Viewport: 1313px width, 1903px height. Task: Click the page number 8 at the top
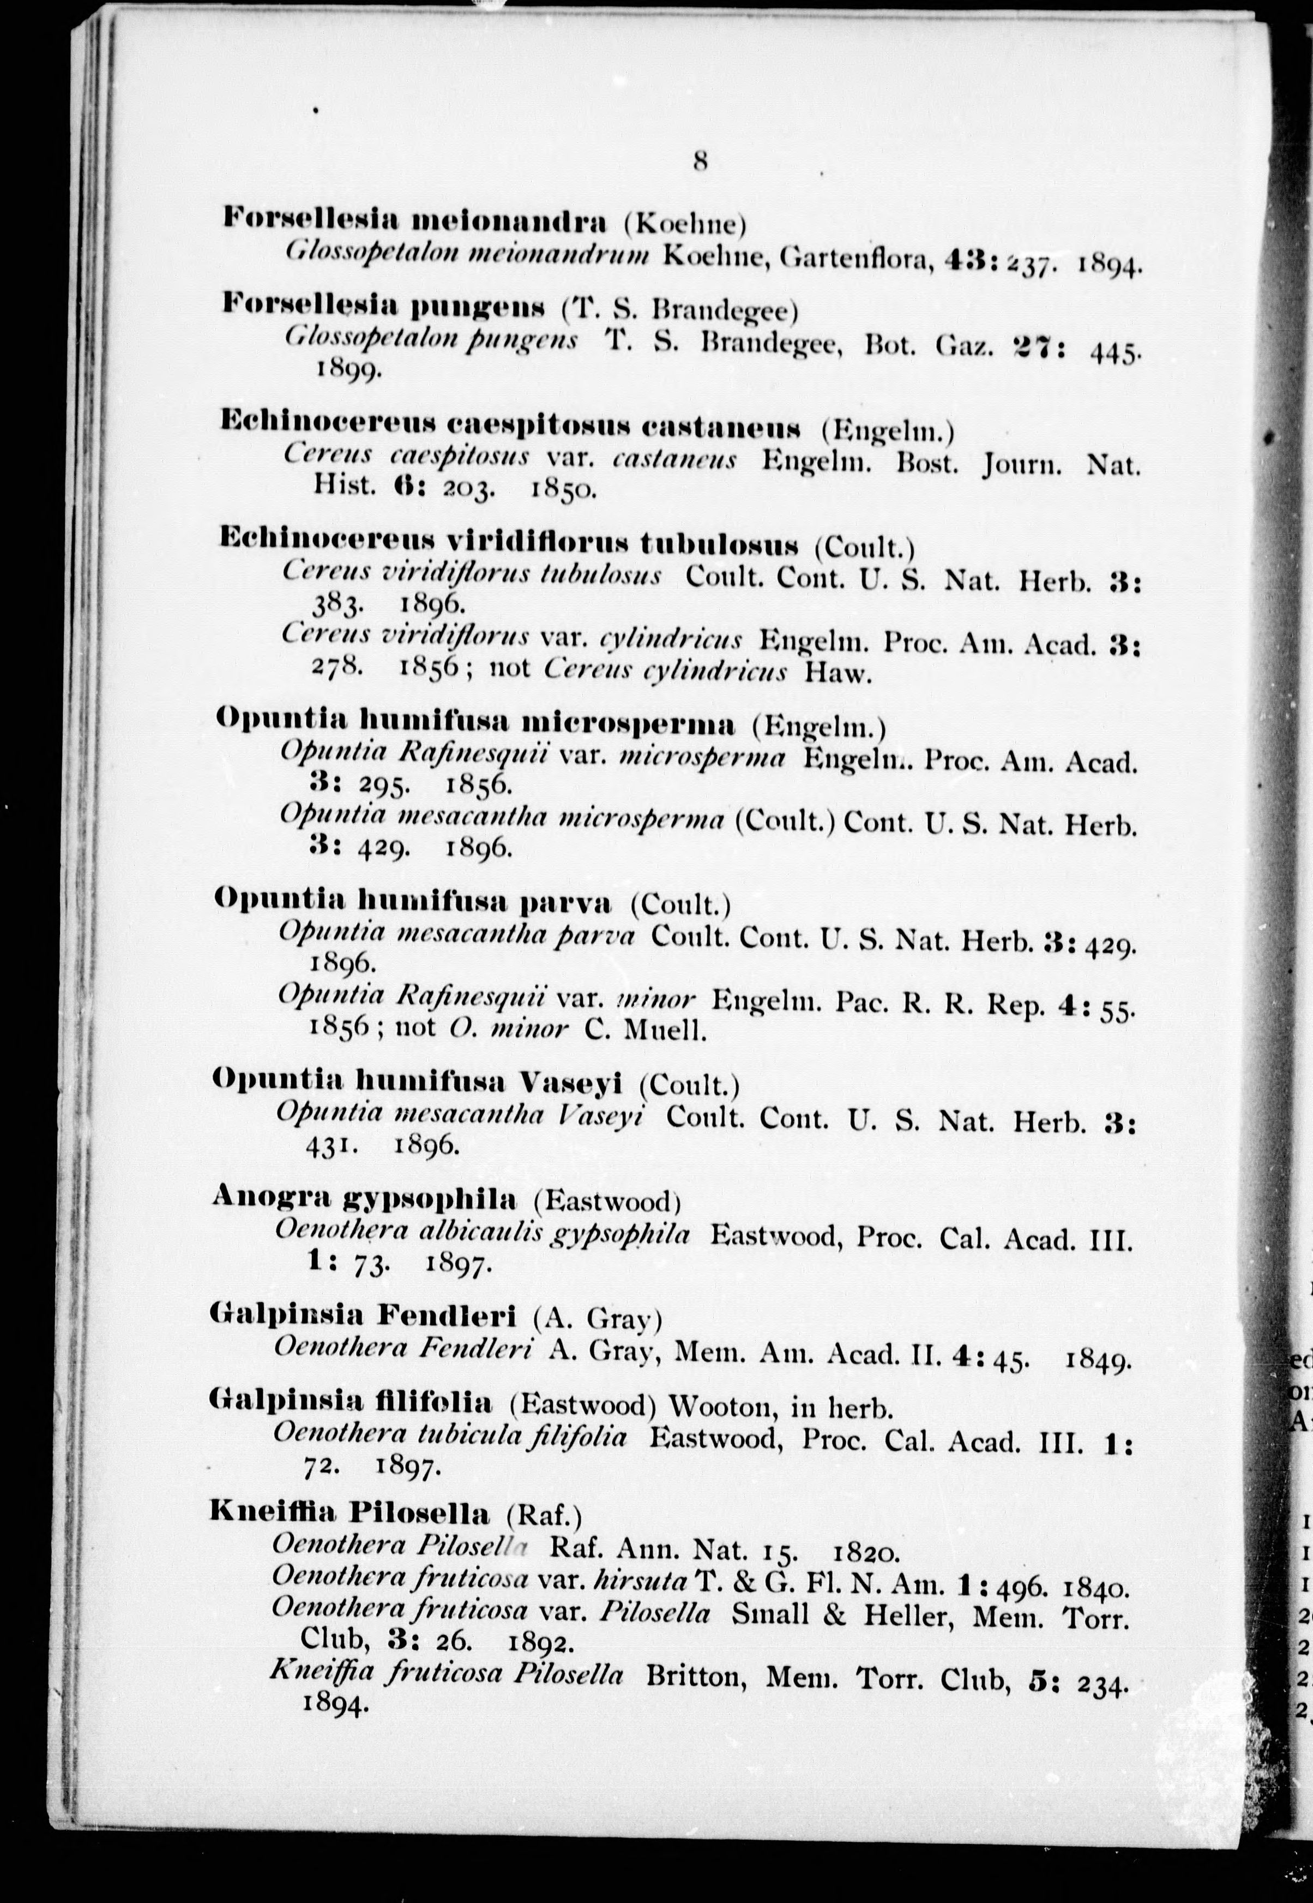(700, 161)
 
